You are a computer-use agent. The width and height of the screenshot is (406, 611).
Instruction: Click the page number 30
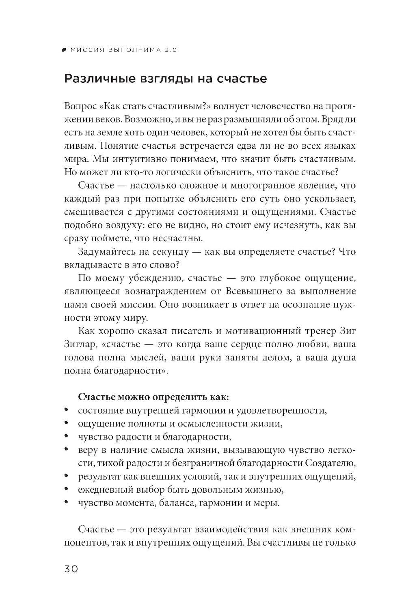[71, 568]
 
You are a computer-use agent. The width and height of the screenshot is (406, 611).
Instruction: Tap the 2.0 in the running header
[171, 50]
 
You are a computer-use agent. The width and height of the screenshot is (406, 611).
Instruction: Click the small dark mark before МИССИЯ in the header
[65, 50]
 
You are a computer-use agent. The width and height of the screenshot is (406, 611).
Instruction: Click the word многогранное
[253, 185]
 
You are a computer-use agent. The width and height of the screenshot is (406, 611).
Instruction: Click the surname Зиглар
[79, 344]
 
